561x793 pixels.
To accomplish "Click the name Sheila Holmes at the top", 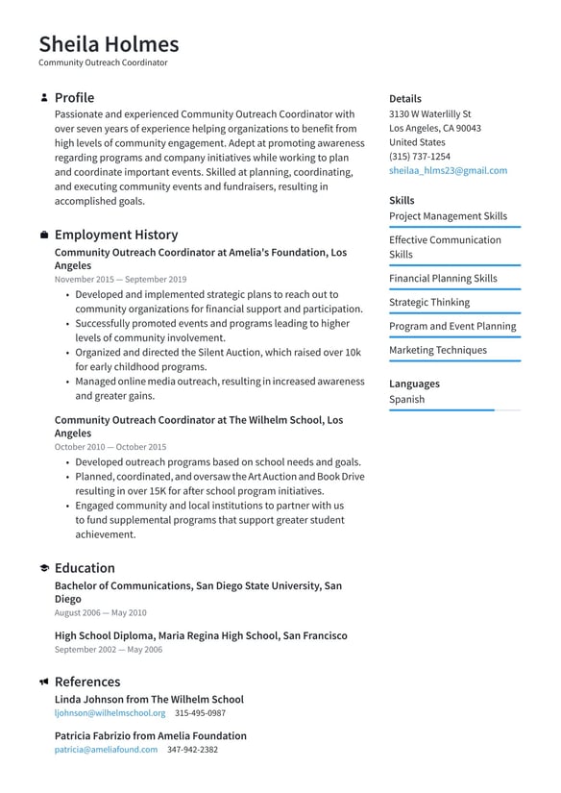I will click(x=109, y=44).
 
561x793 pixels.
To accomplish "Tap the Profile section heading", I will click(x=74, y=98).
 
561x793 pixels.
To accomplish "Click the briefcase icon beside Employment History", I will click(x=44, y=235).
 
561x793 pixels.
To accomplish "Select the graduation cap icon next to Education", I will click(x=44, y=569).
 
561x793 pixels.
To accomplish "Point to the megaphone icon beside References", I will click(x=44, y=682).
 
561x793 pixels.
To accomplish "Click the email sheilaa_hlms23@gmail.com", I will click(x=448, y=170).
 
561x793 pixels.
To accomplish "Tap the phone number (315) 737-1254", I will click(x=419, y=156).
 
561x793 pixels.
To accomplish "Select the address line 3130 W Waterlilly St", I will click(x=429, y=113).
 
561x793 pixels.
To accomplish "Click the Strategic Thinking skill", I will click(x=429, y=302).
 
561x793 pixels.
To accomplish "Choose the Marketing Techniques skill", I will click(x=437, y=350).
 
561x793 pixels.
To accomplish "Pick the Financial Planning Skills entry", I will click(x=443, y=278).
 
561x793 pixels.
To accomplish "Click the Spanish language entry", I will click(x=406, y=399).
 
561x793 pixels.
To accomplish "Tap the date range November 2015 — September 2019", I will click(x=120, y=279).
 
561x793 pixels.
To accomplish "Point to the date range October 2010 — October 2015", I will click(x=110, y=447).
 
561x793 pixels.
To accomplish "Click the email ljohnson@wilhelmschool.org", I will click(x=110, y=713).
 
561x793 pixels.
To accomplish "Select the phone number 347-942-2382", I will click(x=192, y=750).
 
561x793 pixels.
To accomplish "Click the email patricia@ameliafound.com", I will click(x=106, y=750).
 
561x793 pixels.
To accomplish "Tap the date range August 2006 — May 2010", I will click(x=100, y=612).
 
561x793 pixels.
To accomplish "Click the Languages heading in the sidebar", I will click(x=414, y=384).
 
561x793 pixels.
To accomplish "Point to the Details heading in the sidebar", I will click(x=404, y=98).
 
